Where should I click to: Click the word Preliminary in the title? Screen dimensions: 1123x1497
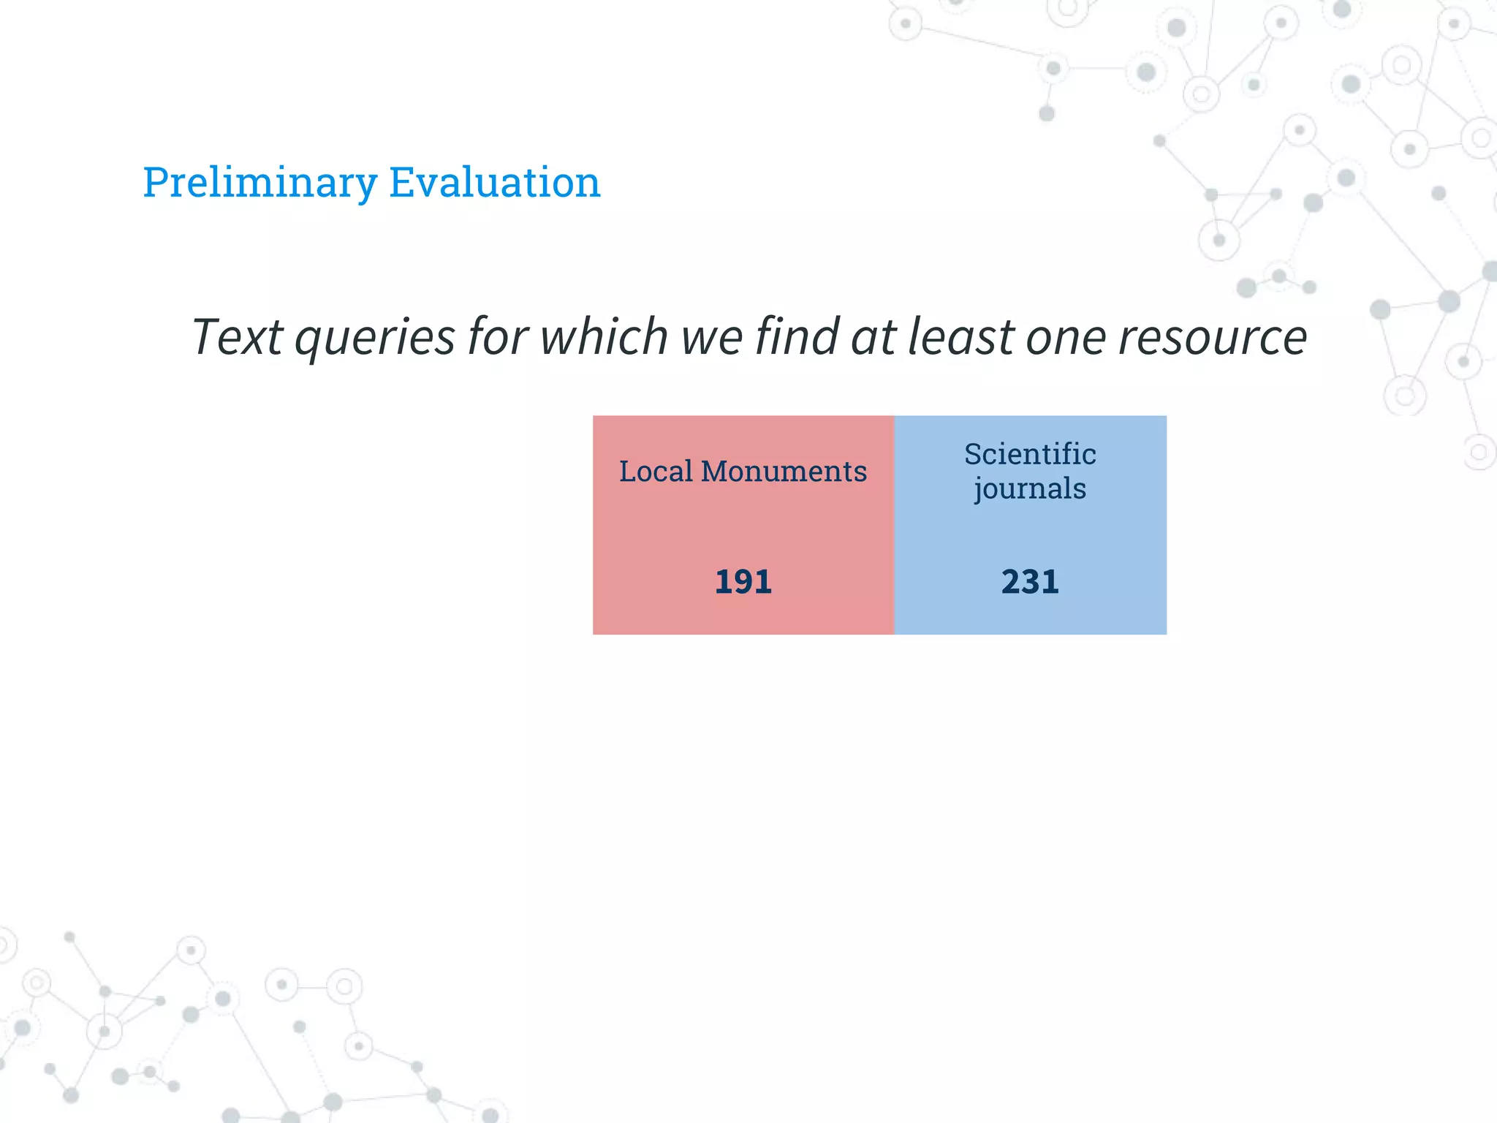[259, 183]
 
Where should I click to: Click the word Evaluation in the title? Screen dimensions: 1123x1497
[494, 183]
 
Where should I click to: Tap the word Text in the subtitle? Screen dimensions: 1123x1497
[237, 338]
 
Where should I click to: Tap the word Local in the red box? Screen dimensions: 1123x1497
[656, 472]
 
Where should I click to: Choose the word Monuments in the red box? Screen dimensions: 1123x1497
[784, 472]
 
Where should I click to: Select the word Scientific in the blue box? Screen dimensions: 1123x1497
[1029, 454]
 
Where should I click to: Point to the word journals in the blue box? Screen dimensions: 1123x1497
[1029, 489]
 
